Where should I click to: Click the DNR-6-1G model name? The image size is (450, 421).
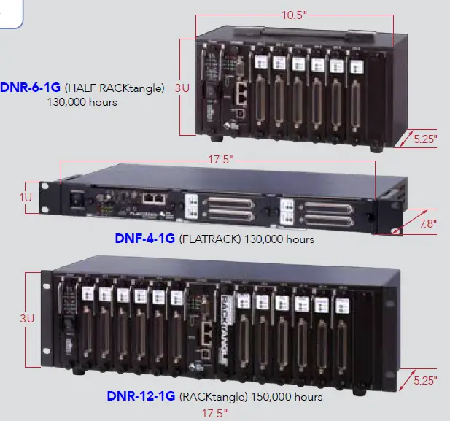(x=31, y=88)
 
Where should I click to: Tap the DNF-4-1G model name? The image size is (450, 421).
(x=144, y=238)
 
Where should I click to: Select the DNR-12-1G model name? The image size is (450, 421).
(x=141, y=397)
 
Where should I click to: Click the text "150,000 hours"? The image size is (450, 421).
(x=287, y=397)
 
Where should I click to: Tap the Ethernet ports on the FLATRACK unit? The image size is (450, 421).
(x=152, y=198)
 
